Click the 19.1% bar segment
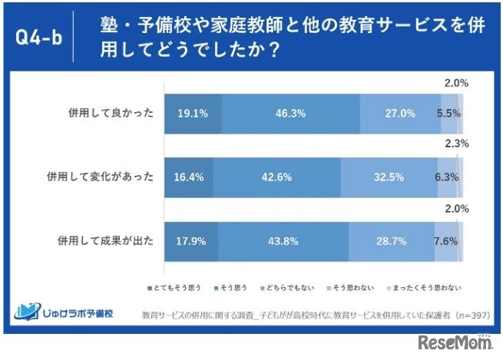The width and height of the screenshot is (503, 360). pyautogui.click(x=192, y=113)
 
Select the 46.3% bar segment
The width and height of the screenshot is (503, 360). pyautogui.click(x=290, y=113)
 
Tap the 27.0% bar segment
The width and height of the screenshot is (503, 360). pyautogui.click(x=399, y=113)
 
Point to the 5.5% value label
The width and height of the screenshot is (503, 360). pyautogui.click(x=448, y=113)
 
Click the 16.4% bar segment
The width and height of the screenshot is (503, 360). pyautogui.click(x=188, y=177)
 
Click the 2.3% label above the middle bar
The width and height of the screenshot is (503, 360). pyautogui.click(x=456, y=144)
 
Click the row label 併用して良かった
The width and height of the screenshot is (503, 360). pyautogui.click(x=111, y=113)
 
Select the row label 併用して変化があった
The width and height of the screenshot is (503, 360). pyautogui.click(x=101, y=177)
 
